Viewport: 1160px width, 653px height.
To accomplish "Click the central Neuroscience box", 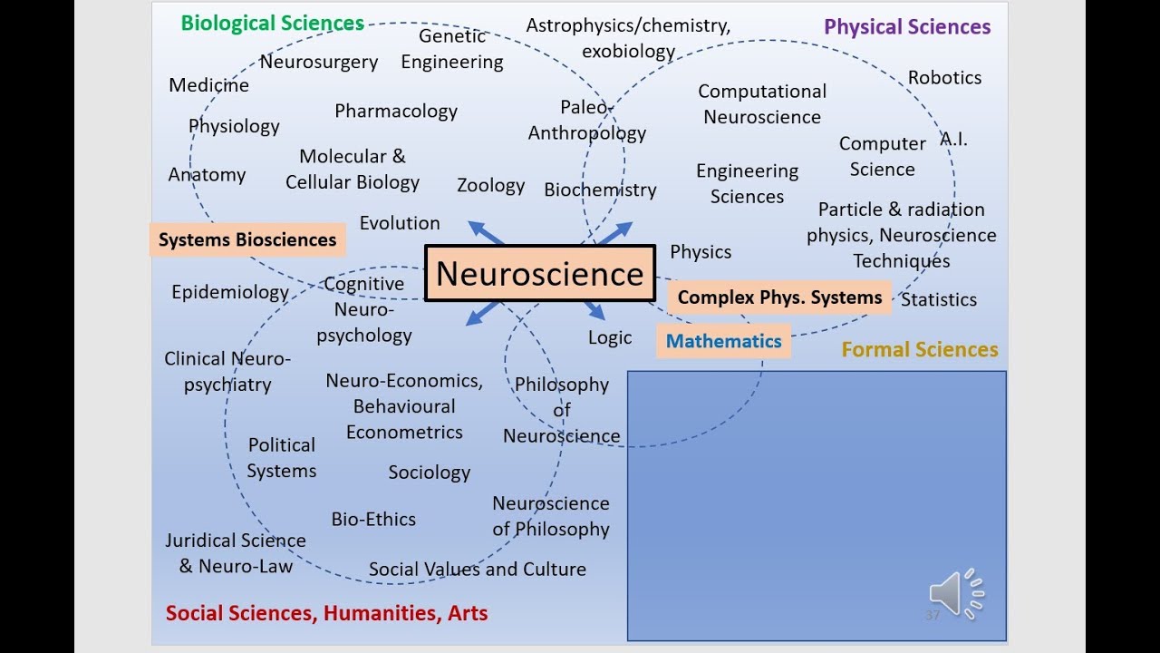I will click(x=539, y=273).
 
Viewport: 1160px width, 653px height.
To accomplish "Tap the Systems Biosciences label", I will click(x=247, y=239).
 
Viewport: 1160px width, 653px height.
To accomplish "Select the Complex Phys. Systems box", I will click(x=779, y=297).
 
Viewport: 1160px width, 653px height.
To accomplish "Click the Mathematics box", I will click(x=723, y=341).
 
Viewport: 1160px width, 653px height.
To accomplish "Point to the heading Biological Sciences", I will click(x=272, y=24).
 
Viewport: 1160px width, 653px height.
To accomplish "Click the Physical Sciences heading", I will click(x=907, y=27).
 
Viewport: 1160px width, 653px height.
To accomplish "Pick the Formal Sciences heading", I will click(x=920, y=349).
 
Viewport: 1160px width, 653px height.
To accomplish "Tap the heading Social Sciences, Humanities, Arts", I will click(x=326, y=613).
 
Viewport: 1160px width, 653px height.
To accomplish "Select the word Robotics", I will click(x=944, y=77).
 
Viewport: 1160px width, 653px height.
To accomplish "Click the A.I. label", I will click(x=953, y=139).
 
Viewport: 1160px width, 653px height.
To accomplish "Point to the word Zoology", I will click(x=490, y=185).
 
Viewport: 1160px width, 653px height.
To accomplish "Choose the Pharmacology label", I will click(x=396, y=111).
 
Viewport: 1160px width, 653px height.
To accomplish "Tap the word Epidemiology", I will click(x=230, y=292).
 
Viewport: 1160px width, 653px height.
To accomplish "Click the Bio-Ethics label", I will click(x=373, y=519).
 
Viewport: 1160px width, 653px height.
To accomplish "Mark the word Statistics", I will click(x=939, y=299).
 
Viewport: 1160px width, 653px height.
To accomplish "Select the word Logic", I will click(x=610, y=337).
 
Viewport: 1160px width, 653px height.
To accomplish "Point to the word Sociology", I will click(x=430, y=472).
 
